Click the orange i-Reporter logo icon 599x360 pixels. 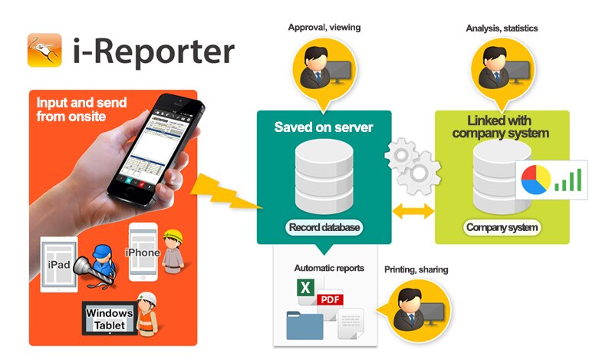[44, 50]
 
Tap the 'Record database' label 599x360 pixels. [324, 227]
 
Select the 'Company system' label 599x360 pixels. [502, 227]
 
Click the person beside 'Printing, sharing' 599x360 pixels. [419, 306]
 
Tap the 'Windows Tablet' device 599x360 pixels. [109, 319]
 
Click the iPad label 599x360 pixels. [60, 265]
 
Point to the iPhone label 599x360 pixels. [144, 252]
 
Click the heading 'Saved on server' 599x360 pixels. [324, 127]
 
